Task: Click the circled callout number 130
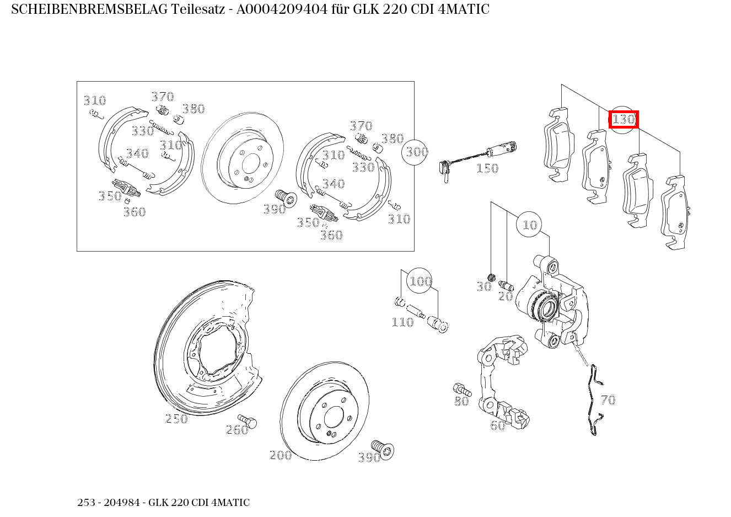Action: [x=623, y=119]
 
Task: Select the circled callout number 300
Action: [x=417, y=151]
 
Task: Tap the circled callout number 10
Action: [x=529, y=225]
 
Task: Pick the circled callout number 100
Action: [x=420, y=281]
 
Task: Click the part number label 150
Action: [x=487, y=168]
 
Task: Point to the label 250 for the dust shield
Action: [x=176, y=419]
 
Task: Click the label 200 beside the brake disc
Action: [x=280, y=455]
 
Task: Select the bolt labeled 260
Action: [x=249, y=422]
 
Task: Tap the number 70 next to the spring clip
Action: [x=608, y=400]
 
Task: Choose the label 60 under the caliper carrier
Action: [x=497, y=425]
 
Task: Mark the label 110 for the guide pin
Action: [x=402, y=322]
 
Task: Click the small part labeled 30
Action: [x=492, y=277]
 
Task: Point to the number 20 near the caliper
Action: [x=506, y=296]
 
